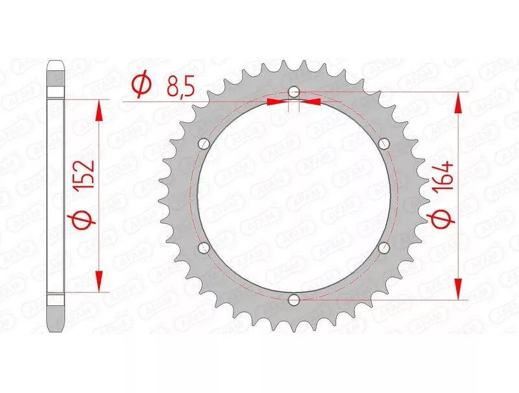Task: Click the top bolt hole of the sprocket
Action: click(x=294, y=92)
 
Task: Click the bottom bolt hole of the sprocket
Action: click(x=294, y=300)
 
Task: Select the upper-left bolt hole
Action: click(x=204, y=144)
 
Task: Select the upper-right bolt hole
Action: click(x=384, y=144)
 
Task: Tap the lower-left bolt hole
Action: click(x=204, y=247)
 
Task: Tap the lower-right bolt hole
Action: click(x=384, y=247)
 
